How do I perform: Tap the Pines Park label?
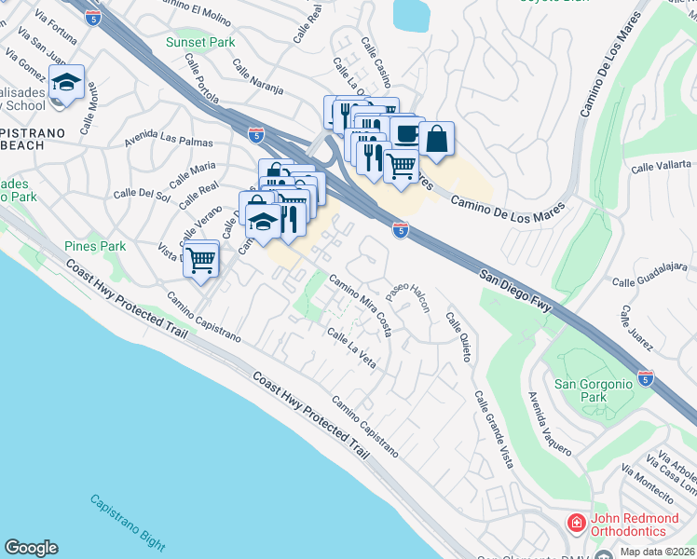[94, 246]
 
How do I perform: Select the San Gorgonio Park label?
[593, 390]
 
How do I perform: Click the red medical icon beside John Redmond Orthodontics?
[576, 523]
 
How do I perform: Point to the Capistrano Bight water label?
[128, 523]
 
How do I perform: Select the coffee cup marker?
[406, 133]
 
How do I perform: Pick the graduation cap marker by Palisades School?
[66, 82]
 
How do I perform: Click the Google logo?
[31, 548]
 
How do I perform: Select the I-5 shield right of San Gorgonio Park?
[646, 378]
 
